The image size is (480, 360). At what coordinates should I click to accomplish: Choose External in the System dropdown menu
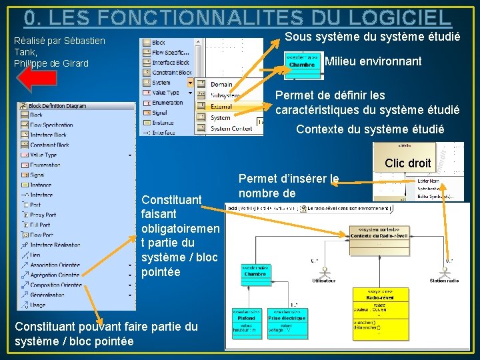(x=221, y=107)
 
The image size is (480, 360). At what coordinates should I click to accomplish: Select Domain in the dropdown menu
(x=221, y=85)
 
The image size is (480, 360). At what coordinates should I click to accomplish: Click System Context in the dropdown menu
(x=231, y=129)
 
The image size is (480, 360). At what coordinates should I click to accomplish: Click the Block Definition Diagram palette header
(x=57, y=105)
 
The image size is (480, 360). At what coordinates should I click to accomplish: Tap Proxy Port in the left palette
(x=43, y=215)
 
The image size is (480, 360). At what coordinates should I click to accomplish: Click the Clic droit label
(x=407, y=163)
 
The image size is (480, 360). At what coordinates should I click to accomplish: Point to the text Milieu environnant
(x=373, y=61)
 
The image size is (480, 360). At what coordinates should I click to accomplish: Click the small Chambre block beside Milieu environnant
(x=302, y=61)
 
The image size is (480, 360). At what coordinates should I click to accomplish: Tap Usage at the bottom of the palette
(x=37, y=305)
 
